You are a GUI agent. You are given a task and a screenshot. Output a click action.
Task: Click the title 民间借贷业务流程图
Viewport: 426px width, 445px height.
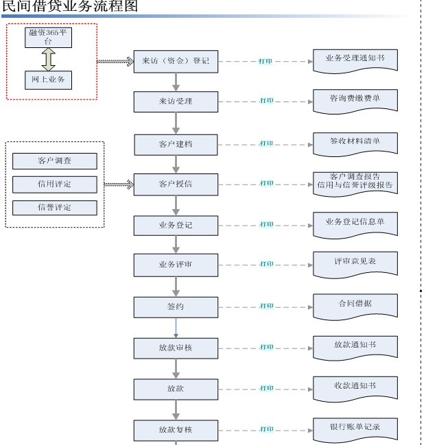pyautogui.click(x=69, y=7)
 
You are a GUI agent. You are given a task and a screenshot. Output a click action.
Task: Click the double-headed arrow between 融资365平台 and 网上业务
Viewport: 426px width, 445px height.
pyautogui.click(x=48, y=59)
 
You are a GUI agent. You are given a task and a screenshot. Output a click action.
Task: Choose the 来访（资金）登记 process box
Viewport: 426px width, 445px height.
pyautogui.click(x=176, y=61)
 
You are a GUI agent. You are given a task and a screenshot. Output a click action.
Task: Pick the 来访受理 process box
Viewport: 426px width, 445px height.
pyautogui.click(x=176, y=101)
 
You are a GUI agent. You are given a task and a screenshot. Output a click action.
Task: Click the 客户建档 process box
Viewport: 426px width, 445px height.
pyautogui.click(x=176, y=144)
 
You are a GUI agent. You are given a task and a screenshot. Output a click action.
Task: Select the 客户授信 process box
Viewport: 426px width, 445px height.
pyautogui.click(x=176, y=184)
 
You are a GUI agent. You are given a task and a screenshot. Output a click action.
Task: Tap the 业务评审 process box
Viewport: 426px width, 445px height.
pyautogui.click(x=176, y=264)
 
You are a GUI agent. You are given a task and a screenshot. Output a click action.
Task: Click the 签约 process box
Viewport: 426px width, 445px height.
pyautogui.click(x=176, y=306)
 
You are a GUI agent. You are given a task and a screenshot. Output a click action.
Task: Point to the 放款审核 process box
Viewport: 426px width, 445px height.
pyautogui.click(x=176, y=348)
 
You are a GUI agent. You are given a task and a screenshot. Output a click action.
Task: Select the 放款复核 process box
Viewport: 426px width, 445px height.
pyautogui.click(x=176, y=430)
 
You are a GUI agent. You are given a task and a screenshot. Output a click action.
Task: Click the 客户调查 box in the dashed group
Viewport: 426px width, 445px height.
pyautogui.click(x=55, y=161)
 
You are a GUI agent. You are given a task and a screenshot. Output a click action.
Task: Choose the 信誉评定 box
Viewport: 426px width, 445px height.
pyautogui.click(x=55, y=207)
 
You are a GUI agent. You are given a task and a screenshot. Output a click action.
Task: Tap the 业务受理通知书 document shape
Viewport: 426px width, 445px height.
pyautogui.click(x=355, y=60)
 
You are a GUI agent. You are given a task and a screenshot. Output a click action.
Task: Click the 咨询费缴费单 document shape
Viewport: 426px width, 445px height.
pyautogui.click(x=355, y=100)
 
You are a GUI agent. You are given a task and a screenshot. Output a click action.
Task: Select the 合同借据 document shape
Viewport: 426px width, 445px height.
pyautogui.click(x=355, y=304)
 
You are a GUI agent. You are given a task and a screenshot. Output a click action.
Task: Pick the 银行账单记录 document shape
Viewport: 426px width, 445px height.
pyautogui.click(x=355, y=428)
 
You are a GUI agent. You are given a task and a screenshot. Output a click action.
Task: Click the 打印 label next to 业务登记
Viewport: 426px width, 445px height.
pyautogui.click(x=266, y=224)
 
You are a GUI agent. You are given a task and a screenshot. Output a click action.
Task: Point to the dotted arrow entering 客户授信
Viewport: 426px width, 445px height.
pyautogui.click(x=119, y=184)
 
